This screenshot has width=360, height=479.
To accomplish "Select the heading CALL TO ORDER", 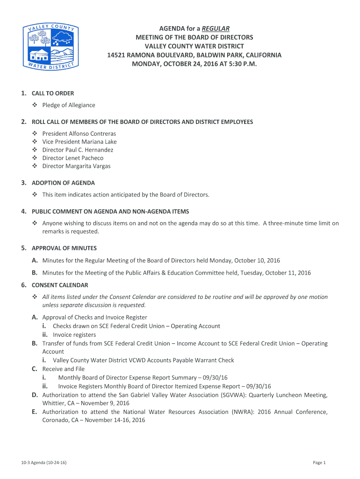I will [52, 93].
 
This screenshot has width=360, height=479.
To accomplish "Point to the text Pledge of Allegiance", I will [69, 105].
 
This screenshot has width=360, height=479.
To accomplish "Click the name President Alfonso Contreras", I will [79, 133].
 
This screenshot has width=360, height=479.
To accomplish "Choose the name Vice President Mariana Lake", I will [79, 142].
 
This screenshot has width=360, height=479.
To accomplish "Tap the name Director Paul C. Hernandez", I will [78, 150].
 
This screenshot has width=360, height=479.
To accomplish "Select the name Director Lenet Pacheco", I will [73, 158].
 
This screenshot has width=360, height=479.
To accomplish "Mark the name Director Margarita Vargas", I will [77, 166].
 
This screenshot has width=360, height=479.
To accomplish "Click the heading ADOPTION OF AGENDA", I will [63, 182].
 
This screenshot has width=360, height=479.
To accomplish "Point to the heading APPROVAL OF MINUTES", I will [64, 248].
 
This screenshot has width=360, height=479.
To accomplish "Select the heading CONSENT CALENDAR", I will [60, 285].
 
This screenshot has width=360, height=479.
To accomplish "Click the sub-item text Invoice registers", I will [74, 335].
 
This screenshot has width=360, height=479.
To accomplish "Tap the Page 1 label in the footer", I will [319, 463].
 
